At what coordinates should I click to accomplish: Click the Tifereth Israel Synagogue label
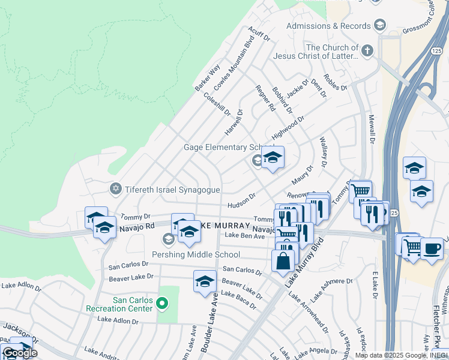point(172,190)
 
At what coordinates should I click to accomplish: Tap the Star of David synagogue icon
point(116,189)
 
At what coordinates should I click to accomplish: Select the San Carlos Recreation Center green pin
point(161,304)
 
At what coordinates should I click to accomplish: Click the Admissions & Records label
point(328,26)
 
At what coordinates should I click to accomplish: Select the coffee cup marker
point(431,248)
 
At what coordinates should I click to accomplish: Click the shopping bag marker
point(283,261)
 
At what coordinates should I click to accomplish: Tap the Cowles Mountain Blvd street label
point(230,62)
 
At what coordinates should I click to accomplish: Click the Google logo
point(20,353)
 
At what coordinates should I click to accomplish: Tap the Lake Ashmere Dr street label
point(331,287)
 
